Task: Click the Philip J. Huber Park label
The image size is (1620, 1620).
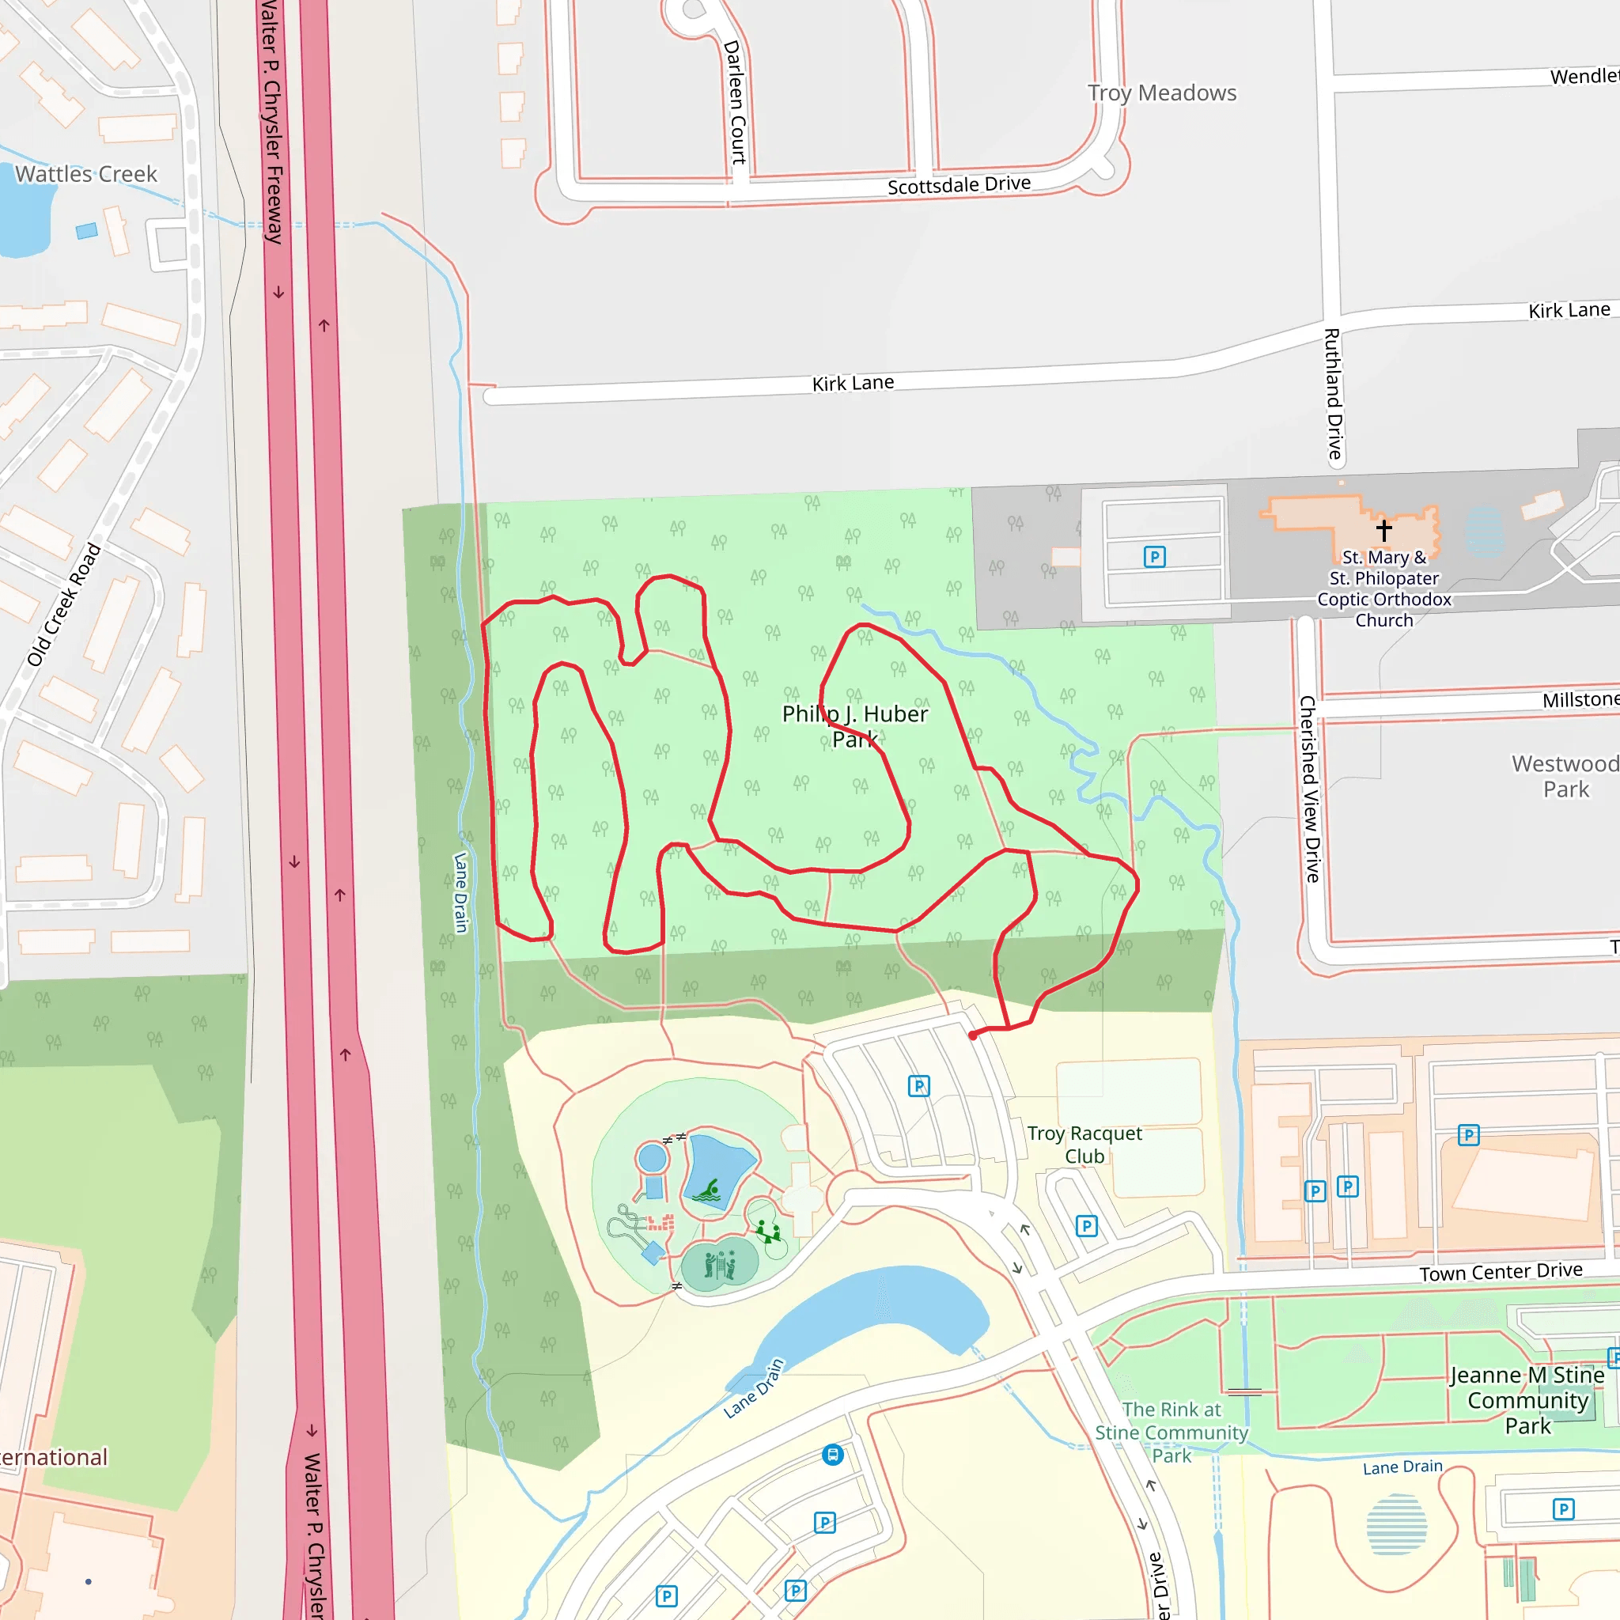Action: (854, 726)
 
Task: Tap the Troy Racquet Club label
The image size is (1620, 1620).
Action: (1084, 1145)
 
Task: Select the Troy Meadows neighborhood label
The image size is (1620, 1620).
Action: (1161, 93)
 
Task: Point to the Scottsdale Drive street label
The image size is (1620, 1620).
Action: (959, 184)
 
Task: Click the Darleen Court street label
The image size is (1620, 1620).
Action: (735, 101)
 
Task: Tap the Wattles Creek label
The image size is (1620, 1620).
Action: (86, 174)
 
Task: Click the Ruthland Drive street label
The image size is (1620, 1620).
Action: (1333, 394)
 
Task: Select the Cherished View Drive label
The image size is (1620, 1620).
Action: (1309, 788)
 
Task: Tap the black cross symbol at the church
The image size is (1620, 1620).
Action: (1383, 530)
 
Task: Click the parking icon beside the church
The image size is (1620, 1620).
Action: (1155, 557)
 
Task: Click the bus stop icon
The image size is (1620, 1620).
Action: (833, 1455)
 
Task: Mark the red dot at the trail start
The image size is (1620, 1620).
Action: (973, 1035)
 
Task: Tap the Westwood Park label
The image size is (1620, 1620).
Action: (1565, 777)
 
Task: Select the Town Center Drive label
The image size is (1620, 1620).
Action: (1501, 1272)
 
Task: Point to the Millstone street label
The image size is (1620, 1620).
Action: (1580, 699)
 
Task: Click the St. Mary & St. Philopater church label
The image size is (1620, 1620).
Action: (1383, 589)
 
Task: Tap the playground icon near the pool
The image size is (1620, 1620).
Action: (768, 1231)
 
